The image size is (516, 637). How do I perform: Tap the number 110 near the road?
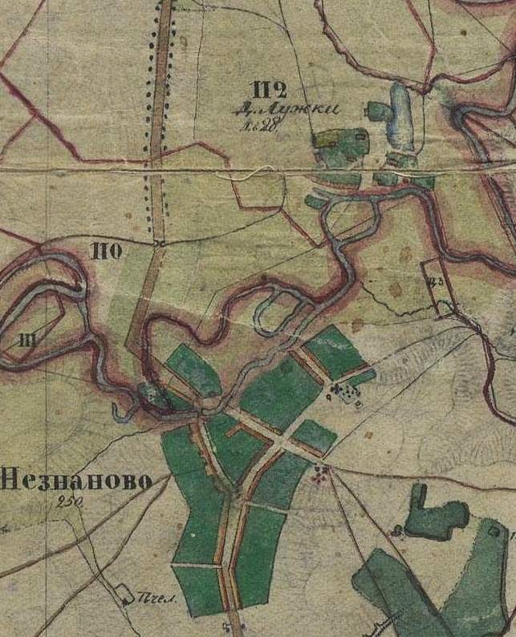(x=106, y=253)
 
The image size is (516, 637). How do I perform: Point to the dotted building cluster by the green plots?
(x=345, y=393)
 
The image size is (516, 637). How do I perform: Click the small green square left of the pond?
(x=376, y=110)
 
